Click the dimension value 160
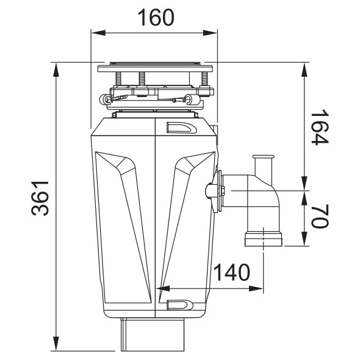[x=156, y=17]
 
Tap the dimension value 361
[x=40, y=198]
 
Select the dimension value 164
[x=320, y=127]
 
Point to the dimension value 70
[x=320, y=217]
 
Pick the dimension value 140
[x=231, y=272]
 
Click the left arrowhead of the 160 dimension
[x=98, y=33]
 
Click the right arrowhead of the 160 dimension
[x=210, y=33]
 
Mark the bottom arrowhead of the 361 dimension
[x=56, y=344]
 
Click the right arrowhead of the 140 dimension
[x=256, y=289]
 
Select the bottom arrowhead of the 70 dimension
[x=304, y=239]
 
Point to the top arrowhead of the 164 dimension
[x=304, y=70]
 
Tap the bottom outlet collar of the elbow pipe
[x=264, y=239]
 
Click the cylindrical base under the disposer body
[x=153, y=334]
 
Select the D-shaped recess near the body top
[x=181, y=128]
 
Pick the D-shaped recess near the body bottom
[x=180, y=304]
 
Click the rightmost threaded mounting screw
[x=204, y=79]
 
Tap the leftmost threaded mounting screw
[x=118, y=79]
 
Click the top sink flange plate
[x=155, y=68]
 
